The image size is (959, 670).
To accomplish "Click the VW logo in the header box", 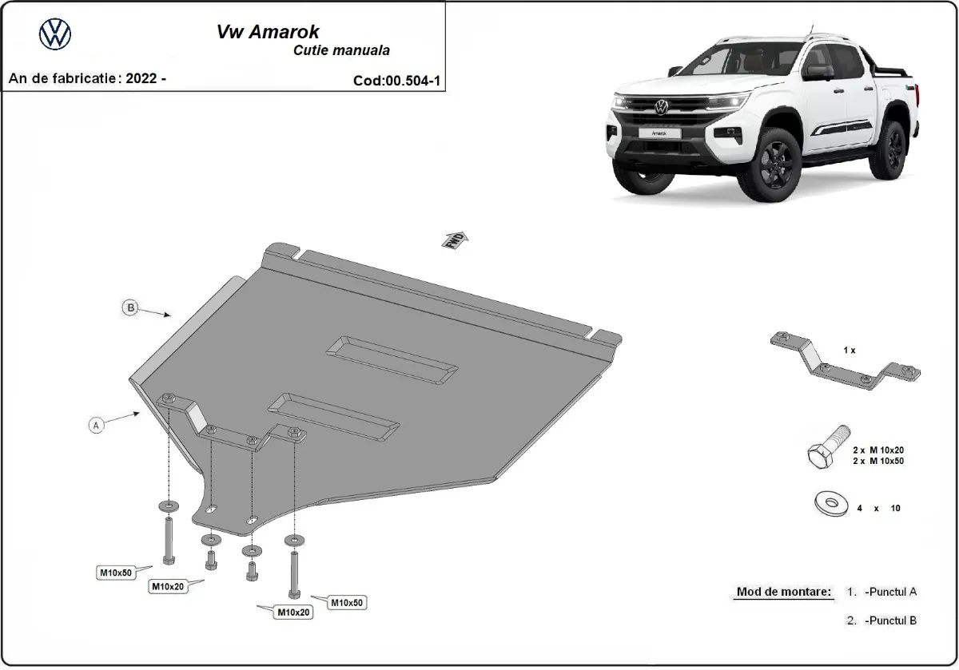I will pos(55,34).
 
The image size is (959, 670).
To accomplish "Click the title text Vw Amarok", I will pos(268,32).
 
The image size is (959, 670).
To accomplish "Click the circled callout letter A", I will pos(96,426).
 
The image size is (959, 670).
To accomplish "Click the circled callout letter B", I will pos(129,307).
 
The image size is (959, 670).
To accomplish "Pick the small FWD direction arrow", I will pos(456,241).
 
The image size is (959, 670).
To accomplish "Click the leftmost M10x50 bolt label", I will pos(115,572).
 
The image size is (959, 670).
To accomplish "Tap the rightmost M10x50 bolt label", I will pos(347,602).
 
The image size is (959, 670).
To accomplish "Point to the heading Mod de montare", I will pos(783,593).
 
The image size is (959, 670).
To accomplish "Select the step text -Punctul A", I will pos(890,593).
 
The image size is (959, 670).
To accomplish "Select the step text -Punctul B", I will pos(890,620).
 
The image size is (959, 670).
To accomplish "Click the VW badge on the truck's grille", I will pos(661,106).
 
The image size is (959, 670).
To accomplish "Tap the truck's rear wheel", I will pos(893,151).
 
